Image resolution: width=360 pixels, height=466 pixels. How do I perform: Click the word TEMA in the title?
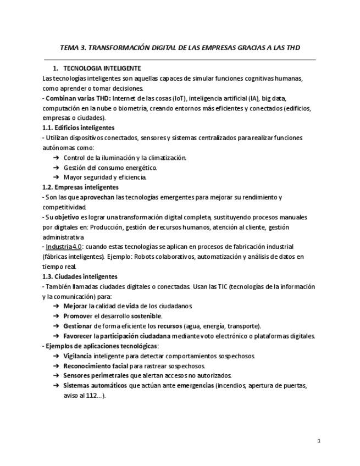pos(69,48)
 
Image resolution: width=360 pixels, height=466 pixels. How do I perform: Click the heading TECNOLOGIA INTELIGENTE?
pos(102,69)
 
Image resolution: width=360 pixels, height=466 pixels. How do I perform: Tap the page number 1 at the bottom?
pos(319,440)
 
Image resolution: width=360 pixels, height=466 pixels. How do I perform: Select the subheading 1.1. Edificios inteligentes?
pos(78,128)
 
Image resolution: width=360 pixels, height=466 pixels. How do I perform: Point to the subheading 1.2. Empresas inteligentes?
pos(80,187)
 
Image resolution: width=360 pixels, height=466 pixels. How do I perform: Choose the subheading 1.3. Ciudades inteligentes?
pos(80,276)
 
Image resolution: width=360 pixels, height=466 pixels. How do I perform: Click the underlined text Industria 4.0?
pos(64,247)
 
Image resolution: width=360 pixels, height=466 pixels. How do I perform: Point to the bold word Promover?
pos(78,316)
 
